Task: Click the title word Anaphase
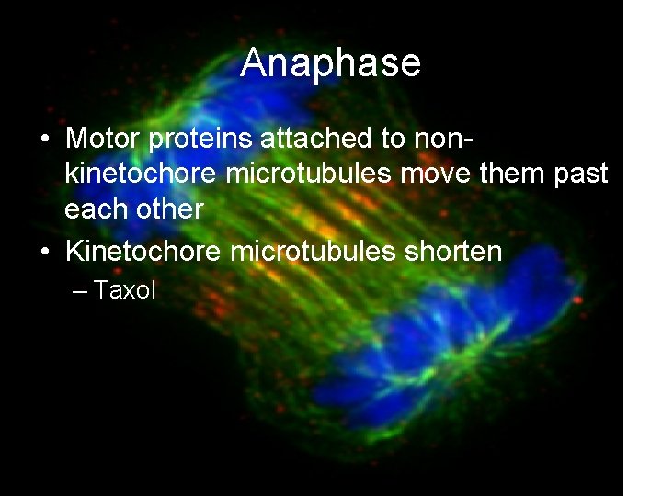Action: pyautogui.click(x=331, y=63)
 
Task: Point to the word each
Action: pyautogui.click(x=96, y=209)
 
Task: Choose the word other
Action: pyautogui.click(x=168, y=209)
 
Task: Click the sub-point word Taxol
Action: pyautogui.click(x=125, y=291)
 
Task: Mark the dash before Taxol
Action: pyautogui.click(x=79, y=292)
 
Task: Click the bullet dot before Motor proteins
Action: pyautogui.click(x=45, y=141)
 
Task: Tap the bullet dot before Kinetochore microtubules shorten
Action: pyautogui.click(x=45, y=253)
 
